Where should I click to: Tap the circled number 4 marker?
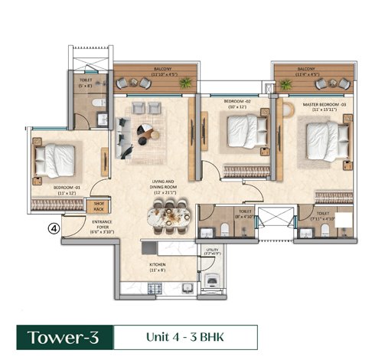click(54, 227)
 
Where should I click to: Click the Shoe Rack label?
click(99, 206)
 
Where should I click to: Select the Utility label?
click(212, 252)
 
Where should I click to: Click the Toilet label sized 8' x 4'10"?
click(243, 215)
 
